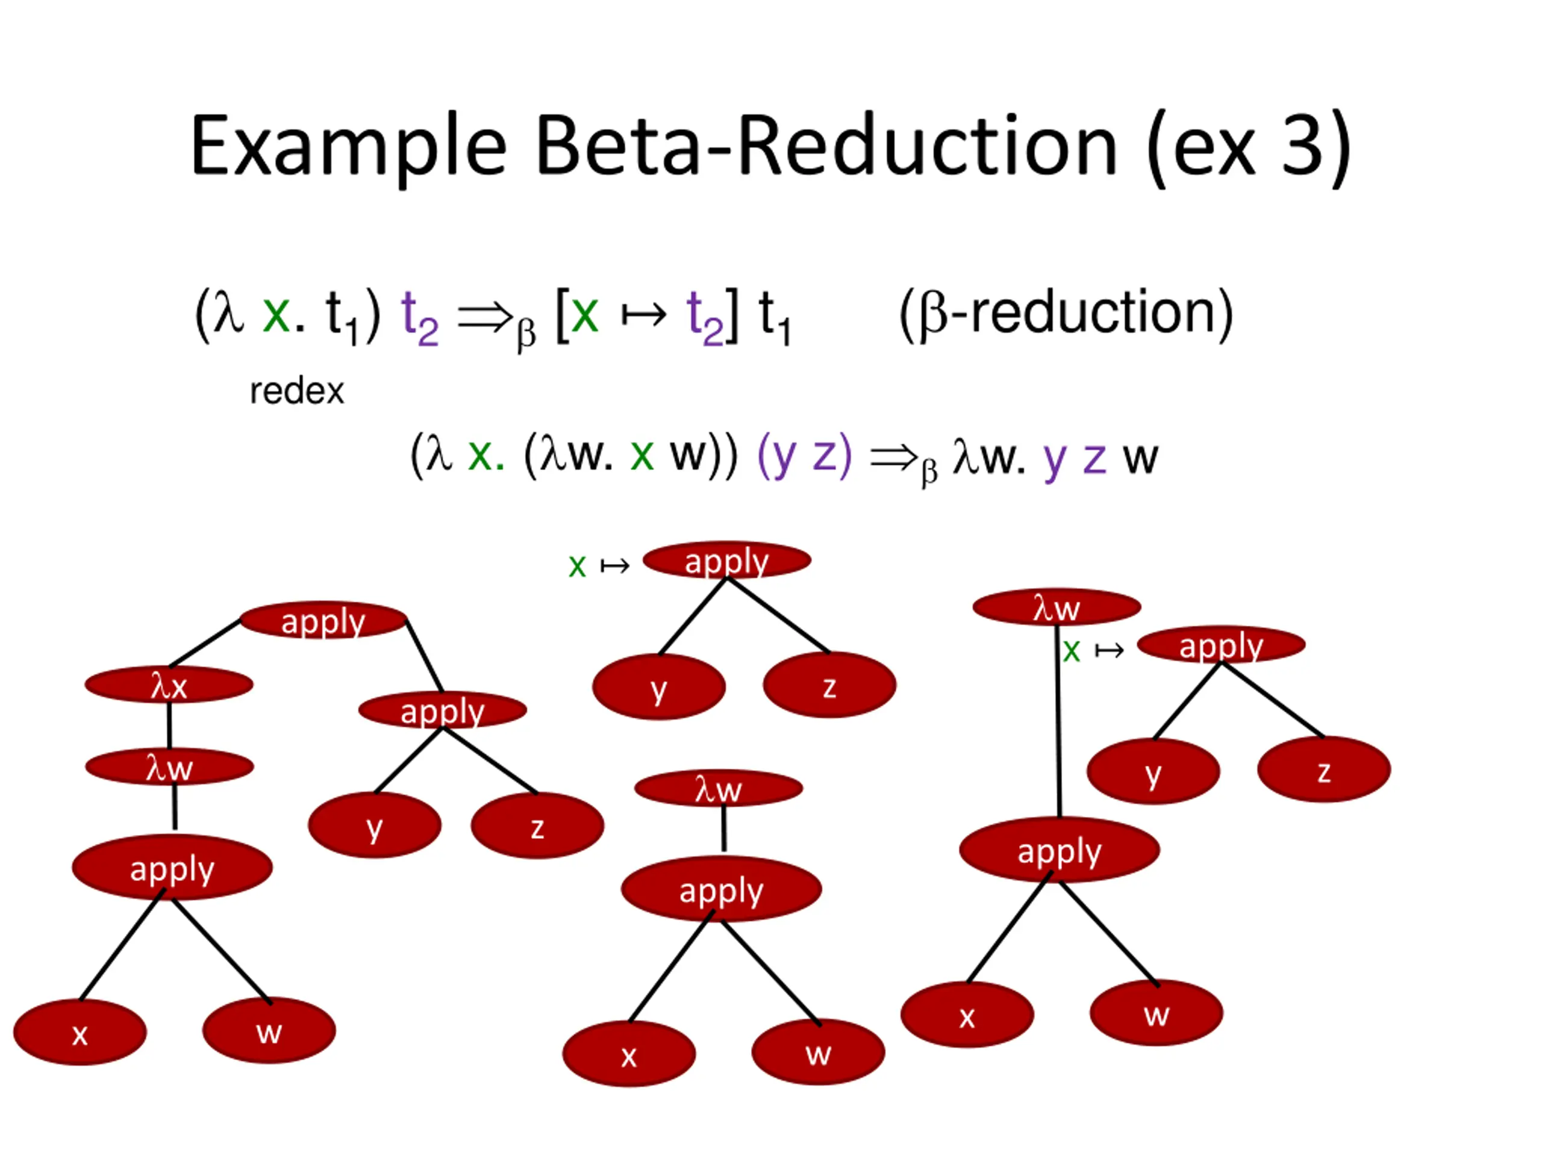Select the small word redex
[297, 391]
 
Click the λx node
[169, 686]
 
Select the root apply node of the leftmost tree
[323, 621]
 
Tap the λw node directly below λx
[169, 767]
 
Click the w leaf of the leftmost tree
[269, 1031]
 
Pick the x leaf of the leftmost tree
[80, 1033]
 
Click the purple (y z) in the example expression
[804, 456]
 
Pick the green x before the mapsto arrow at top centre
[576, 565]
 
